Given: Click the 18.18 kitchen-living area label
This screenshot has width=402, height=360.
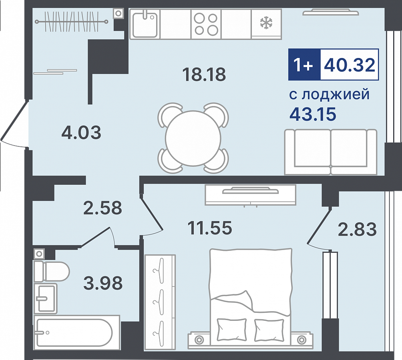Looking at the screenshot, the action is click(204, 74).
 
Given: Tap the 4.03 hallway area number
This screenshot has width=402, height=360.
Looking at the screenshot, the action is click(82, 133).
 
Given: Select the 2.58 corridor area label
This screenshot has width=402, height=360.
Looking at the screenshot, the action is click(103, 208).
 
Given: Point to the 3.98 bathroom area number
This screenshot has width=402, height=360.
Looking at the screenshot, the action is click(103, 283).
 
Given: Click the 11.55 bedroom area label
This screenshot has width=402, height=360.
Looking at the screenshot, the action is click(210, 228).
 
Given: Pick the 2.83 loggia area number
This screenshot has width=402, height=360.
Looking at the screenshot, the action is click(358, 229).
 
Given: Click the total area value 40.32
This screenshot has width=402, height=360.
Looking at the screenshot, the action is click(350, 64).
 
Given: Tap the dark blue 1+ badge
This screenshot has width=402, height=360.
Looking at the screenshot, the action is click(304, 64).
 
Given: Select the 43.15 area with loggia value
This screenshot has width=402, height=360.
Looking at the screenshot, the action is click(313, 114).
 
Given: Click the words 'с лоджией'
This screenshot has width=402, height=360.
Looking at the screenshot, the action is click(330, 94).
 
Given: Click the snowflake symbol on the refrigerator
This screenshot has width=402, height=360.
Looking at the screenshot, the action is click(266, 22).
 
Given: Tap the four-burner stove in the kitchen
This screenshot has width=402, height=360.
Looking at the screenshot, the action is click(206, 24).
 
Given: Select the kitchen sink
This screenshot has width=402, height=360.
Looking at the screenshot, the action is click(145, 24).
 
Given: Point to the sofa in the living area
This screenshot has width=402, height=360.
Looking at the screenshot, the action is click(331, 152).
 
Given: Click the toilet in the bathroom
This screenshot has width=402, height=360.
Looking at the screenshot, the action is click(51, 271).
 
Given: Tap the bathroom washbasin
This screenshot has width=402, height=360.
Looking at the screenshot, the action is click(45, 298).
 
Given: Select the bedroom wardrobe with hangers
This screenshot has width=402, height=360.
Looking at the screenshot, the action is click(160, 302).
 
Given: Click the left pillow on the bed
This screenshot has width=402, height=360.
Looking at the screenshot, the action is click(231, 329).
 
